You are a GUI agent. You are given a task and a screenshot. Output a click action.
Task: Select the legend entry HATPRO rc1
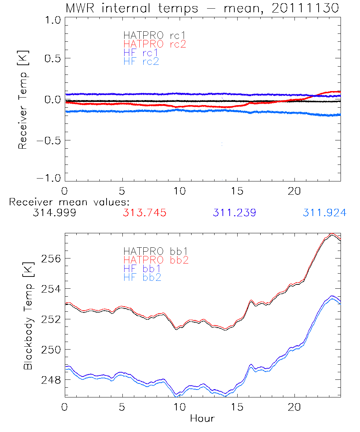(151, 35)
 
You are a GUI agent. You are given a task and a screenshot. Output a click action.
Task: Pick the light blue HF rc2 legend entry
(141, 61)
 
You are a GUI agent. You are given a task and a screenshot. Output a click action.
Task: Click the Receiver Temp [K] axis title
(23, 99)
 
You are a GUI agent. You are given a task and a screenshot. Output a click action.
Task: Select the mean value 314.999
(54, 213)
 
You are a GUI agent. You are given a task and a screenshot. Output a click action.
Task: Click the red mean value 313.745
(145, 213)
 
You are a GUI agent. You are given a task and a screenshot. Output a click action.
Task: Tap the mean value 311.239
(234, 213)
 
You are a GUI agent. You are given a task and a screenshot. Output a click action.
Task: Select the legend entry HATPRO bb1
(152, 251)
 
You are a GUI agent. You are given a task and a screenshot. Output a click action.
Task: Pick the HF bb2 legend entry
(142, 277)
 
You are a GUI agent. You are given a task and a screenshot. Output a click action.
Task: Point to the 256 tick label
(52, 258)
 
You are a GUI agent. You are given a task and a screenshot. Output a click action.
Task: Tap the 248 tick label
(52, 380)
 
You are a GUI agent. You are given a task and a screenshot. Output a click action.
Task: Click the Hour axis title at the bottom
(202, 418)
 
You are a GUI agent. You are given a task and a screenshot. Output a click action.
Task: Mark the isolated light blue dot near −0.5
(222, 144)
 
